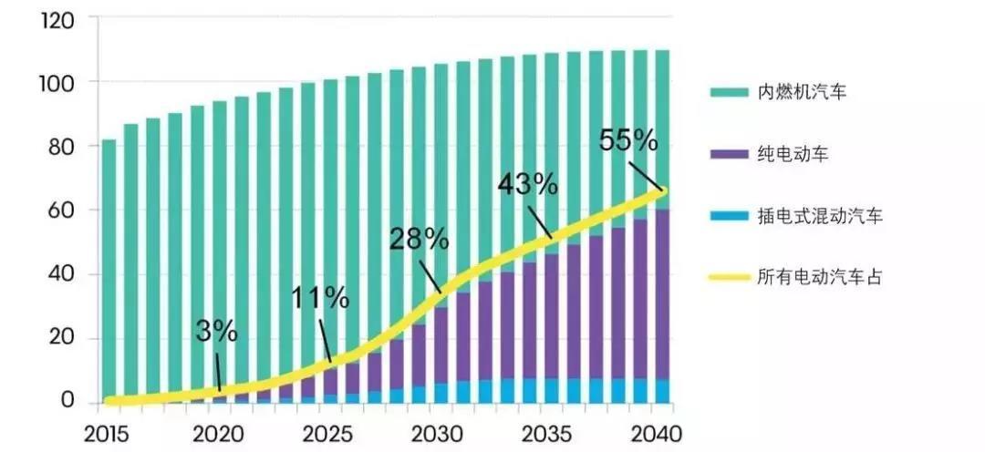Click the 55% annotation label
[628, 140]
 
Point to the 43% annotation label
[527, 184]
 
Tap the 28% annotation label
[419, 240]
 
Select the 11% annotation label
[320, 298]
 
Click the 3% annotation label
[216, 332]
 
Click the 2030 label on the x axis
[437, 430]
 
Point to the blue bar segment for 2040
[662, 391]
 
